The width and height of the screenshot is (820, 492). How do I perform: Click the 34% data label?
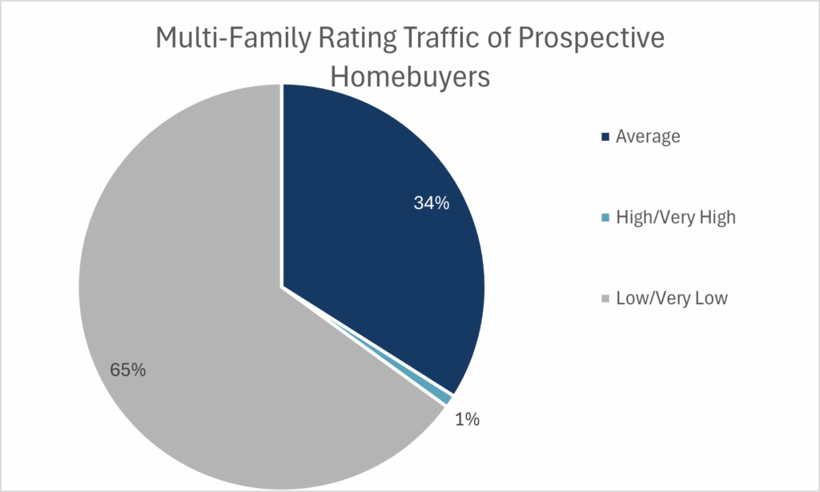(x=432, y=203)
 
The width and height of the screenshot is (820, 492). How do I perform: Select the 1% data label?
(x=467, y=419)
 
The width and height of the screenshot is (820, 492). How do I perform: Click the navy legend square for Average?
(x=605, y=137)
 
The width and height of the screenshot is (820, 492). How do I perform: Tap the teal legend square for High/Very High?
(x=605, y=218)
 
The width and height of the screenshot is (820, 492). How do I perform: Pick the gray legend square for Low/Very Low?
(x=605, y=299)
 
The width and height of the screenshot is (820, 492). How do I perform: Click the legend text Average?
(x=648, y=137)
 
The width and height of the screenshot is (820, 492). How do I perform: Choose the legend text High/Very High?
(x=675, y=218)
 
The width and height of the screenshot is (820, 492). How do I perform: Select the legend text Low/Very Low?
(x=671, y=299)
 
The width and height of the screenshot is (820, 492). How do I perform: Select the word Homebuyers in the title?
(x=410, y=77)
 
